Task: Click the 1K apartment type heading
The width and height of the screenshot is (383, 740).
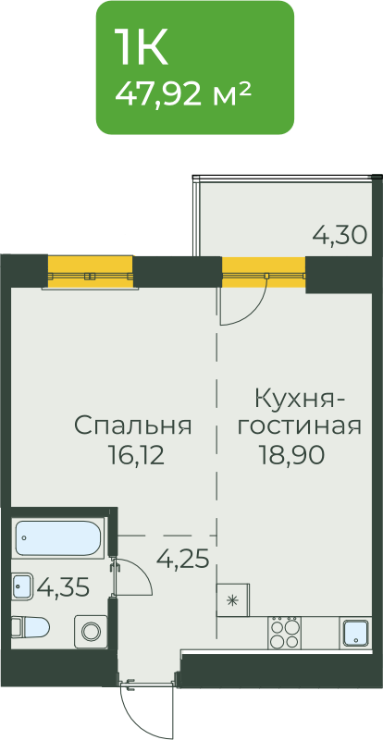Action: point(141,48)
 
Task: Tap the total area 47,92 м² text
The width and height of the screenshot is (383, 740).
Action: point(182,93)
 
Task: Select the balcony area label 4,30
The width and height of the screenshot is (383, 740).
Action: point(340,235)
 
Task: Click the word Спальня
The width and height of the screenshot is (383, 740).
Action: point(133,425)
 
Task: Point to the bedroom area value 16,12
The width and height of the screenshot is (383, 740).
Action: point(136,456)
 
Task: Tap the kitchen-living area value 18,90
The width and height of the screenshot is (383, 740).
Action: point(290,455)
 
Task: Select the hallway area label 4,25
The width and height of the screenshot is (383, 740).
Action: point(183,560)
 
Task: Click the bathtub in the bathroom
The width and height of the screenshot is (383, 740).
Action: point(58,537)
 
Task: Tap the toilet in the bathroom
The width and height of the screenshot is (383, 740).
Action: point(31,628)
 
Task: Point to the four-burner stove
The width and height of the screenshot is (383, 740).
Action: point(284,633)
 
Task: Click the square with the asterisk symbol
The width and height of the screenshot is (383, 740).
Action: point(232,599)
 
